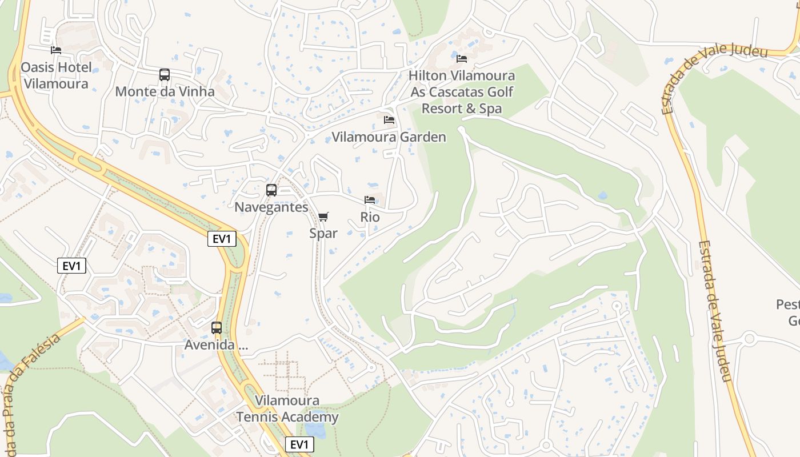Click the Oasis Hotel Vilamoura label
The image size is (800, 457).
[56, 75]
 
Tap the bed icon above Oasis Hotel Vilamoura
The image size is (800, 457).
[56, 50]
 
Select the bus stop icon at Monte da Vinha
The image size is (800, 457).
[165, 75]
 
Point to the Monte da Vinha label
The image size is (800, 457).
[165, 91]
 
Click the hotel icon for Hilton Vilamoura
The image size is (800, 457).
[462, 59]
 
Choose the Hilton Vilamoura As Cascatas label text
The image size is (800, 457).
[462, 92]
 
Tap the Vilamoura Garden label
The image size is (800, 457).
[389, 137]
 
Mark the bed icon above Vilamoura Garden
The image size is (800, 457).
[389, 120]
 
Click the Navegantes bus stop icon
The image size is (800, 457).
[271, 190]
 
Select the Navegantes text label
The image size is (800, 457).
[271, 207]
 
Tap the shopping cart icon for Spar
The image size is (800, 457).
[323, 217]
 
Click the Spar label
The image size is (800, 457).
[323, 233]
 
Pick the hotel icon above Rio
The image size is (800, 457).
[370, 200]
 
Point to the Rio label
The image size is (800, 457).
[370, 217]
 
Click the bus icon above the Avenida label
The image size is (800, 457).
[217, 328]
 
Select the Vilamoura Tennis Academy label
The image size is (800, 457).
[288, 409]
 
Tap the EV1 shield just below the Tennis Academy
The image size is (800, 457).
[299, 444]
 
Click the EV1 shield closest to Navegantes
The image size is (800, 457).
[222, 239]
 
